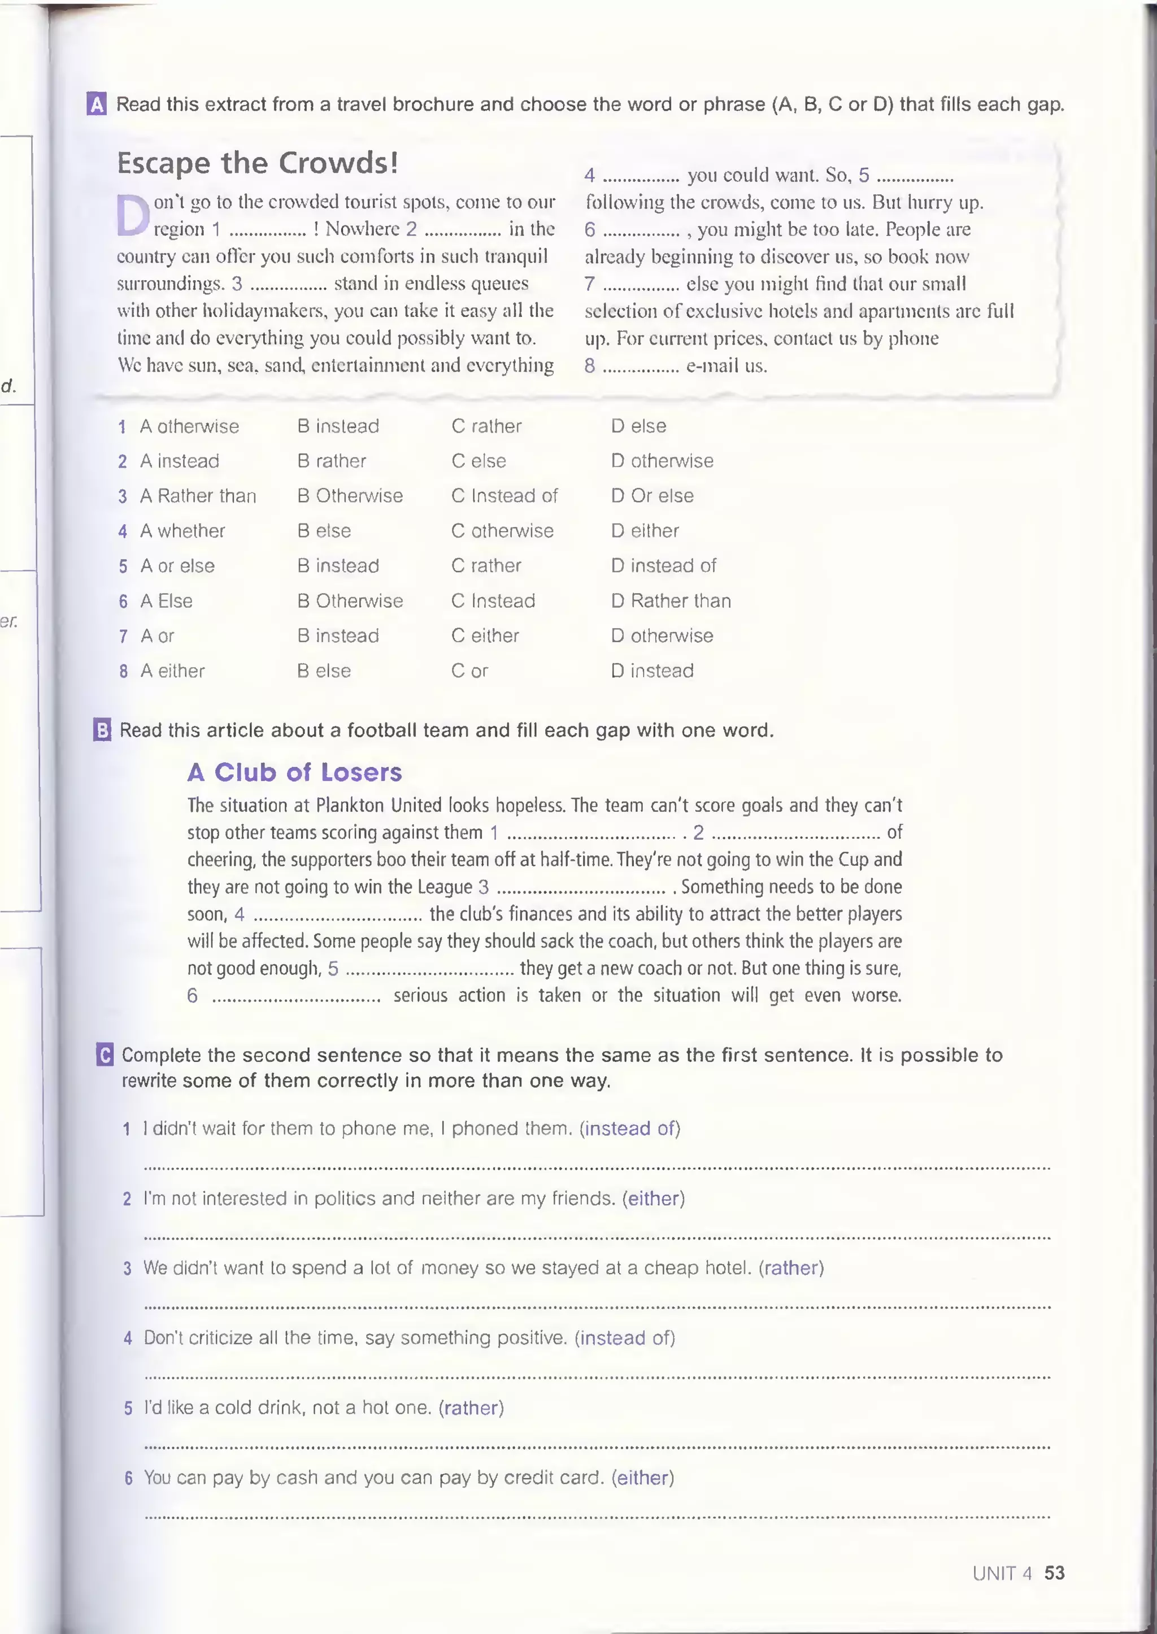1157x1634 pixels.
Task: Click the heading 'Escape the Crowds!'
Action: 257,163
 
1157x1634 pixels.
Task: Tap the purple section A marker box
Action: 97,104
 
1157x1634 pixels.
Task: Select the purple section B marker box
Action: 103,730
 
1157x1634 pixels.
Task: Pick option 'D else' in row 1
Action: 638,426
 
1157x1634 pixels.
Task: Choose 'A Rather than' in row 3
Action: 198,496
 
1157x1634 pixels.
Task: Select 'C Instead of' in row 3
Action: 504,496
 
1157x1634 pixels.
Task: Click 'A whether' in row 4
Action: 182,531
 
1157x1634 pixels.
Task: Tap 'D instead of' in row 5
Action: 663,565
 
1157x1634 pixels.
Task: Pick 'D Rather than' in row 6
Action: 671,600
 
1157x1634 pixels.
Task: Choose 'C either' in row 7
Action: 485,635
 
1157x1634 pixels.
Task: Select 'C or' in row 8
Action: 469,670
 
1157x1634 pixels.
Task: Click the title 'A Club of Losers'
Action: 295,772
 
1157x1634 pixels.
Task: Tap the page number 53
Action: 1054,1573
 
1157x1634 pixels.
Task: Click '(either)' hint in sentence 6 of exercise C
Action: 642,1478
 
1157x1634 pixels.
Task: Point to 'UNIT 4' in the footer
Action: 1002,1573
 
